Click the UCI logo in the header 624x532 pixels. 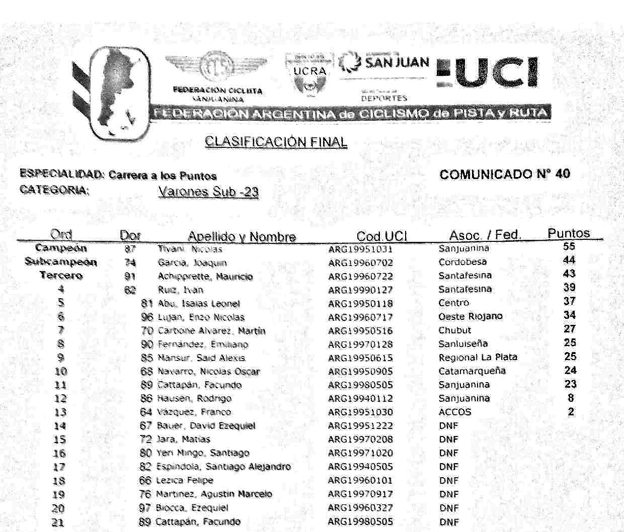487,73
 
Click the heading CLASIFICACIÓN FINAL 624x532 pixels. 276,142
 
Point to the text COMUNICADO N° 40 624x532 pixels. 505,174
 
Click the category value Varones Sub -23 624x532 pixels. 208,192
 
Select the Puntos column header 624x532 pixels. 569,233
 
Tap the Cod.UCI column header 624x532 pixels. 381,236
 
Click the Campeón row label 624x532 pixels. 61,248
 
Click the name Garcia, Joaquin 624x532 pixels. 192,262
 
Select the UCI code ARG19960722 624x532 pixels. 360,277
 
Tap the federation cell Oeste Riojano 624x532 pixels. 470,316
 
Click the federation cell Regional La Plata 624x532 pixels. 478,357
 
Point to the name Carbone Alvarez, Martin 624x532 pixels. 211,331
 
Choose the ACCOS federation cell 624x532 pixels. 455,412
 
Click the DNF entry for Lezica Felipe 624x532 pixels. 448,480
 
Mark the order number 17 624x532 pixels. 59,467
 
